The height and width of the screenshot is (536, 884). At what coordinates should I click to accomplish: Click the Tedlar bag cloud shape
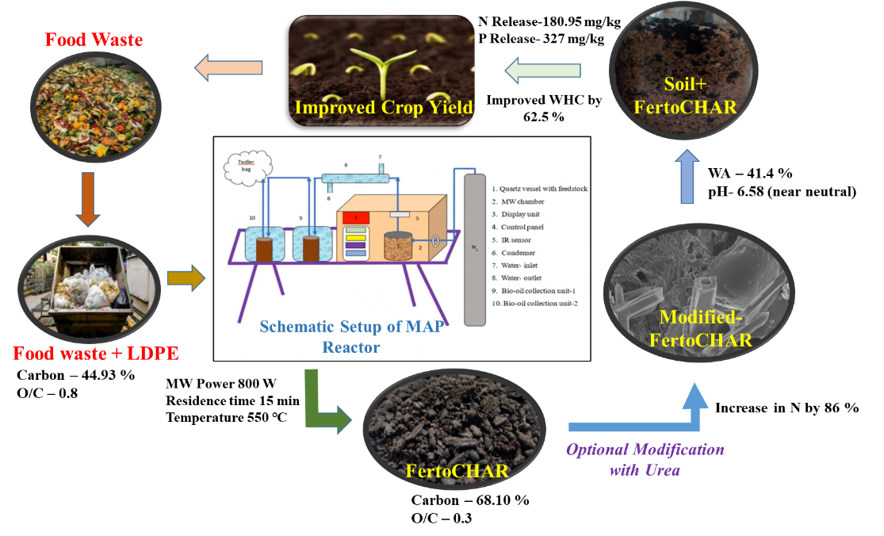tap(247, 166)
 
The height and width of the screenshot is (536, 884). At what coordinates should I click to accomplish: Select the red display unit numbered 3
tap(356, 216)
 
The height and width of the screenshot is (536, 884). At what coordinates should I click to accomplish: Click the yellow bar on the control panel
tap(356, 237)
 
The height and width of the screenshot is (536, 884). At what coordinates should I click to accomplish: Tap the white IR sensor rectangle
tap(400, 213)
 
